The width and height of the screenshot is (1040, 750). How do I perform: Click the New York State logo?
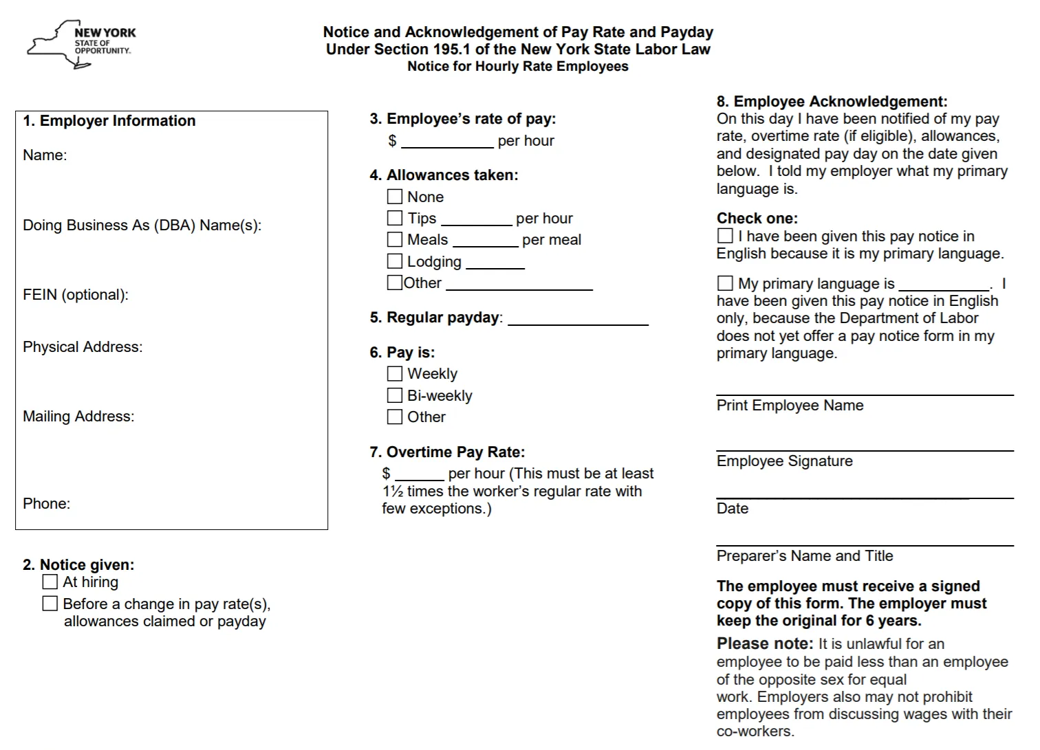coord(81,44)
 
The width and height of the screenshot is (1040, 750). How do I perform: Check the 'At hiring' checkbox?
coord(50,582)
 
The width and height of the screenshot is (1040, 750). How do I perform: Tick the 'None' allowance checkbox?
coord(395,197)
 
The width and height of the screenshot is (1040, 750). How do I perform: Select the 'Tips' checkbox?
coord(395,218)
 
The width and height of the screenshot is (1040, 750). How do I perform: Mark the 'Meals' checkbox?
coord(395,239)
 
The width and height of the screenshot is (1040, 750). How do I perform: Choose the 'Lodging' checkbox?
coord(395,261)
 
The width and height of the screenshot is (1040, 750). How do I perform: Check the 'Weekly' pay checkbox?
coord(395,373)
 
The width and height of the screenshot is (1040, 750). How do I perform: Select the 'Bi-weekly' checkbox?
coord(395,395)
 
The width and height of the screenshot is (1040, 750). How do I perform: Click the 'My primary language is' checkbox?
coord(725,283)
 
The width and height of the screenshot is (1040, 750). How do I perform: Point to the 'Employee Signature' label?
coord(784,461)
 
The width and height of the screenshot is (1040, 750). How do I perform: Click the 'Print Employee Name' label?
coord(790,406)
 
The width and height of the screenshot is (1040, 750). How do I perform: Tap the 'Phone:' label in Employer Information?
coord(46,504)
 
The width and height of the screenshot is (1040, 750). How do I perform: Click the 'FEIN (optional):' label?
coord(76,295)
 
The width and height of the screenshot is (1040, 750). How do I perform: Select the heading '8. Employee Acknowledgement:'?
coord(832,102)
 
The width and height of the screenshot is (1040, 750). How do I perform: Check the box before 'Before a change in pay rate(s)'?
coord(50,604)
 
